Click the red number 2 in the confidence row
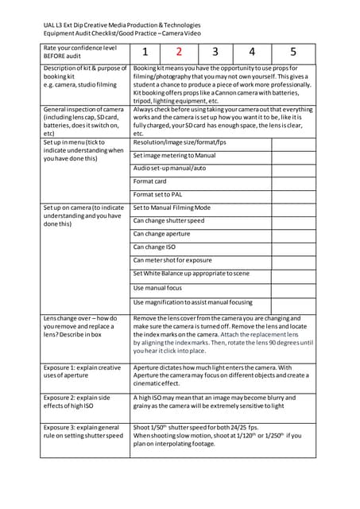tap(179, 53)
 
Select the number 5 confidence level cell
tap(292, 53)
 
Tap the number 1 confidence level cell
tap(145, 53)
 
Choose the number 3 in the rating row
tap(215, 53)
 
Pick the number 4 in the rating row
tap(252, 53)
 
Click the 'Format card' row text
tap(150, 181)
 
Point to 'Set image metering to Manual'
tap(174, 155)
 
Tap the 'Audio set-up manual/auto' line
tap(169, 168)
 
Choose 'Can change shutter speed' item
tap(168, 220)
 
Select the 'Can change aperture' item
tap(161, 234)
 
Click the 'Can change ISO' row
tap(154, 247)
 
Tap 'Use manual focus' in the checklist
tap(157, 288)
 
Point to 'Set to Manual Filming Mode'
tap(172, 208)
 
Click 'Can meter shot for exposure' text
tap(172, 260)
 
